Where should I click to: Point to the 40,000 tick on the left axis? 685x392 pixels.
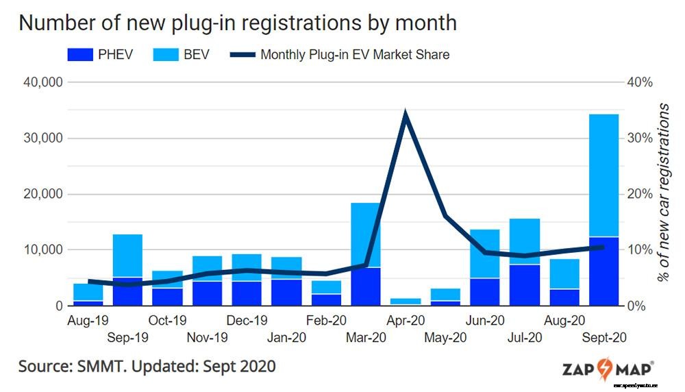[x=43, y=82]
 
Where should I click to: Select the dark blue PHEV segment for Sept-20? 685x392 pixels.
[x=603, y=271]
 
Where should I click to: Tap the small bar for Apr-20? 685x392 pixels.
[x=406, y=301]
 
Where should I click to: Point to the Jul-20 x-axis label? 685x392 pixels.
[x=525, y=337]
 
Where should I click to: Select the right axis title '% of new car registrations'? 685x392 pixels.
[x=662, y=193]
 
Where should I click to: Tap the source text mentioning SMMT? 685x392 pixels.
[x=147, y=366]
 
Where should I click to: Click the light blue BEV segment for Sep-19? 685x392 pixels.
[x=127, y=255]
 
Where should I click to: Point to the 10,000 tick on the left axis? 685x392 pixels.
[x=43, y=249]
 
